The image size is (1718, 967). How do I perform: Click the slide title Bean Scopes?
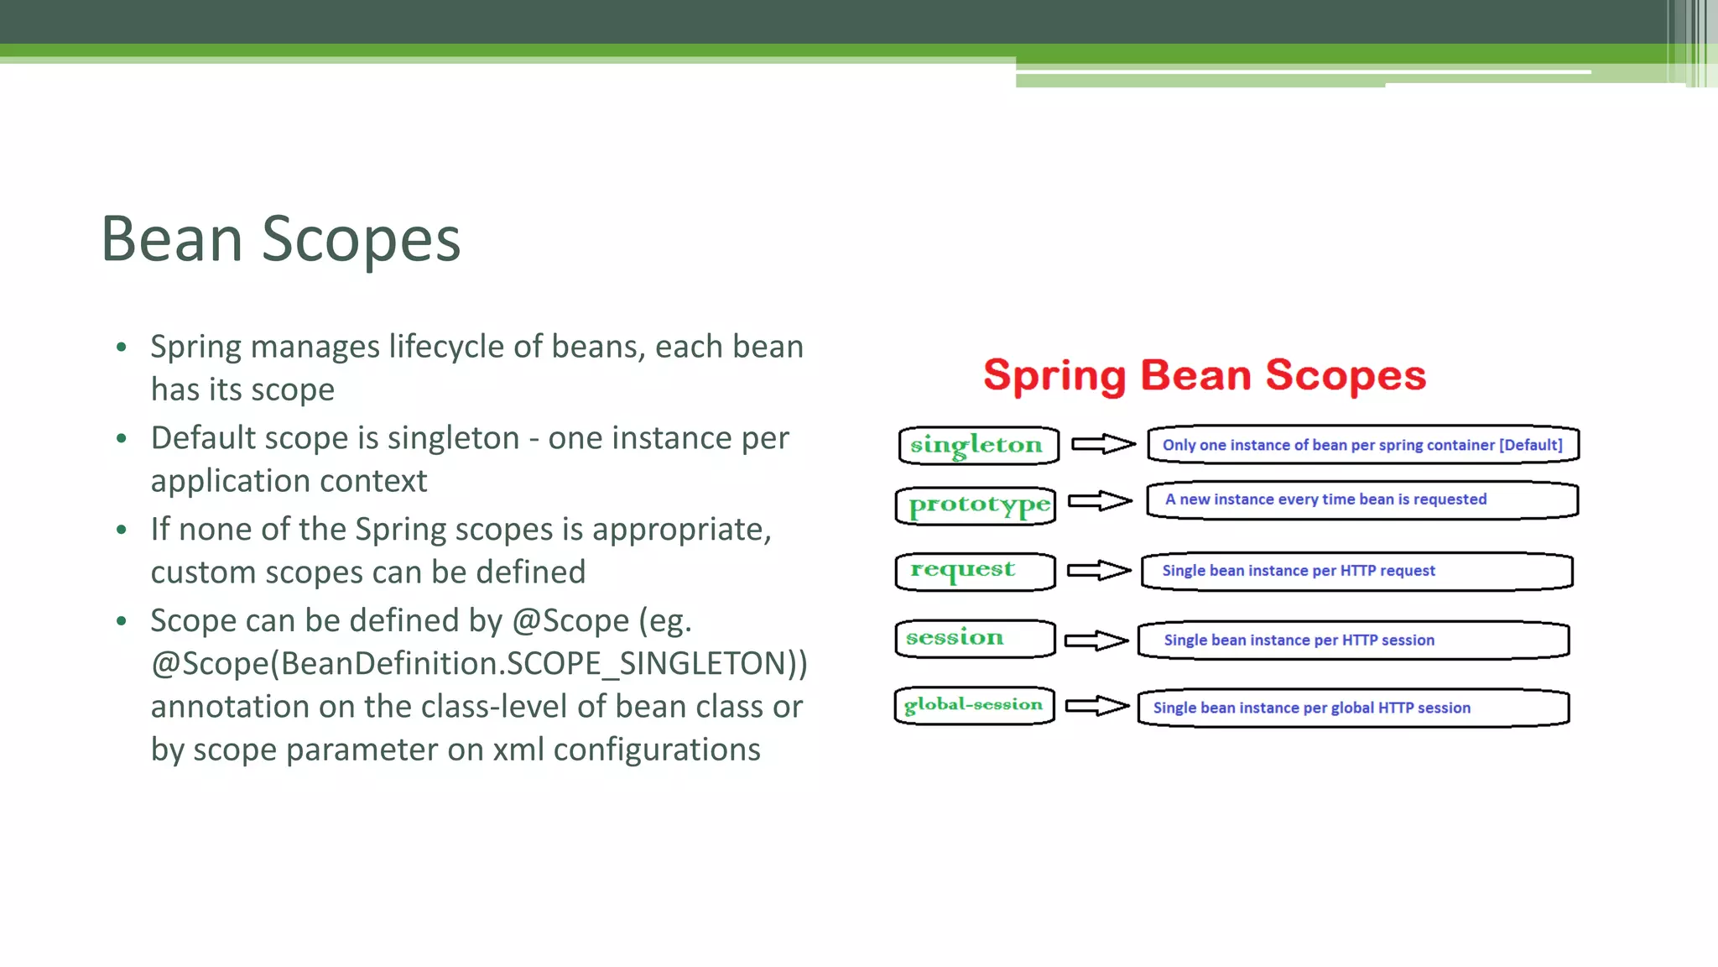(280, 239)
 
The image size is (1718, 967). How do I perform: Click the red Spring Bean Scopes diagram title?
(1205, 375)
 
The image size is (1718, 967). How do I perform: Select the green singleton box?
(978, 445)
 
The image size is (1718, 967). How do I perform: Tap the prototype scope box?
(976, 505)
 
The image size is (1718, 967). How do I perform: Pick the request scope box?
(975, 571)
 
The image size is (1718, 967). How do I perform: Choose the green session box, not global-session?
(974, 638)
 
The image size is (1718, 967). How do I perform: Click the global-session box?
(974, 705)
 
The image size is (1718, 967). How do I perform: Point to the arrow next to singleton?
(1103, 444)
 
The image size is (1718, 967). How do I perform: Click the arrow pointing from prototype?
(1100, 501)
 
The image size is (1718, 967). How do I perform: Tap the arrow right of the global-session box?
(1097, 706)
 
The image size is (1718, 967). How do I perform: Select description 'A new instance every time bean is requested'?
(1325, 499)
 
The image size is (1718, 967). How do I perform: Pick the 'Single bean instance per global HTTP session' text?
(1311, 708)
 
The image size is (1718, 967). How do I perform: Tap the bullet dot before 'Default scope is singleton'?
(122, 438)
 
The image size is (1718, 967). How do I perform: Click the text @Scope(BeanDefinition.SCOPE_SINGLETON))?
(479, 664)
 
